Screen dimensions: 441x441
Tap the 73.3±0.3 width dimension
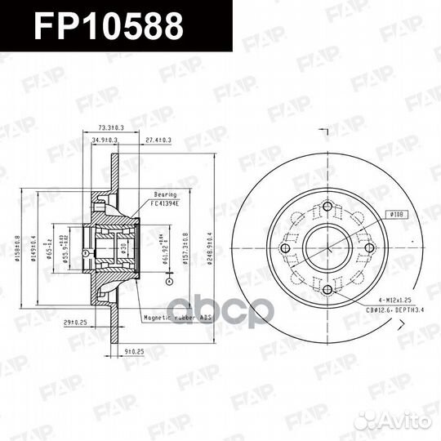[x=110, y=127]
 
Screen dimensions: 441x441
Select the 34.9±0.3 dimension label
[x=101, y=140]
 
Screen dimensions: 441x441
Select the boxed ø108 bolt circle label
[x=396, y=214]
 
